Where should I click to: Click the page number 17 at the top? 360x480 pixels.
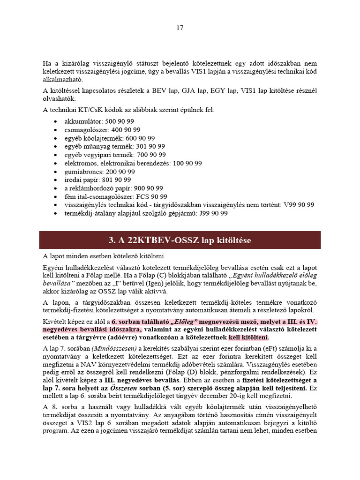(180, 28)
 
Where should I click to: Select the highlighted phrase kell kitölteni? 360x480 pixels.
(248, 337)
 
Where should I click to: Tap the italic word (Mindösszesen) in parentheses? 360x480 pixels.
(108, 348)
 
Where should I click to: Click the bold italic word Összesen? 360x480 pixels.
(125, 389)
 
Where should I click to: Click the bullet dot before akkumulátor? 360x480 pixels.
(56, 121)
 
